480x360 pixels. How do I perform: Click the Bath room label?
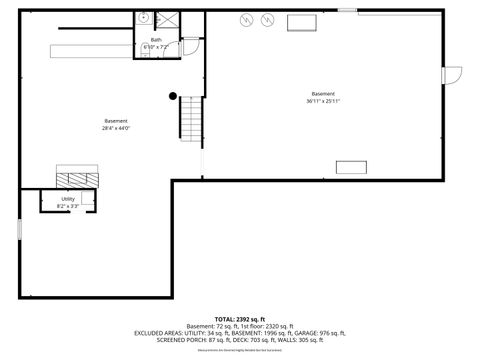click(156, 40)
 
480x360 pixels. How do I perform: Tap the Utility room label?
click(68, 199)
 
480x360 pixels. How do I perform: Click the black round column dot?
click(172, 96)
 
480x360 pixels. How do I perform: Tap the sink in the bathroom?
click(144, 18)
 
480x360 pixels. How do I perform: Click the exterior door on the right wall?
click(453, 75)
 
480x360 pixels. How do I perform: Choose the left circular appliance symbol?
click(245, 21)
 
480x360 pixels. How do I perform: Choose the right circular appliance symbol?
click(267, 21)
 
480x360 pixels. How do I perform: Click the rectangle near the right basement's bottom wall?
click(351, 166)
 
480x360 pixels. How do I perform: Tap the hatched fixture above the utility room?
click(77, 177)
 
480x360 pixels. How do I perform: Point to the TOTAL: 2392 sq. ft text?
click(240, 317)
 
